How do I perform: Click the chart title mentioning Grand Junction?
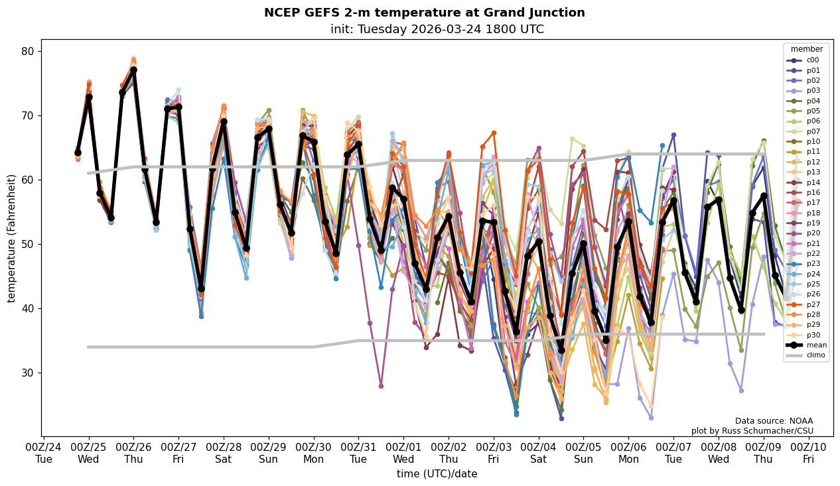pyautogui.click(x=424, y=13)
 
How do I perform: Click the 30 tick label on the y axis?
pyautogui.click(x=29, y=373)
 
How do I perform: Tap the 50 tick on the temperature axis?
pyautogui.click(x=29, y=244)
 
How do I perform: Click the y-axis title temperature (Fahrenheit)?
pyautogui.click(x=12, y=238)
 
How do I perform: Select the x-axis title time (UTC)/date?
pyautogui.click(x=437, y=473)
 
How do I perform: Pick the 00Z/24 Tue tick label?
pyautogui.click(x=44, y=453)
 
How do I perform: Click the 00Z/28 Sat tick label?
pyautogui.click(x=224, y=453)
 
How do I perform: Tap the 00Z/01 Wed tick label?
pyautogui.click(x=403, y=453)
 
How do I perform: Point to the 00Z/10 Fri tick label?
pyautogui.click(x=808, y=453)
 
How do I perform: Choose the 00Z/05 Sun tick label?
pyautogui.click(x=583, y=453)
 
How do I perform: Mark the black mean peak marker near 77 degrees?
pyautogui.click(x=133, y=70)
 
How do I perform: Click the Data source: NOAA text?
pyautogui.click(x=774, y=421)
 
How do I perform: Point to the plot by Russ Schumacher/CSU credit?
pyautogui.click(x=752, y=431)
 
